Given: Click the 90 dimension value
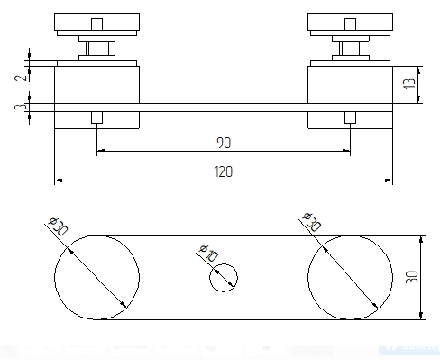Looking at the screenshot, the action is (224, 143).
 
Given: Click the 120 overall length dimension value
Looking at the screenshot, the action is (224, 171).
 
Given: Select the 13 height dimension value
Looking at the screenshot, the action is (409, 83).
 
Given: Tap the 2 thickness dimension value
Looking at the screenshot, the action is (21, 78).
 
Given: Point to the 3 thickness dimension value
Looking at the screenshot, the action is (21, 106).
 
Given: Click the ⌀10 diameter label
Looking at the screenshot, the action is (208, 253).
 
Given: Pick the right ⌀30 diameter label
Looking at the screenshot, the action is (312, 221).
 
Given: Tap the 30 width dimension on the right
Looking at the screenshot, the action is (412, 277).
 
